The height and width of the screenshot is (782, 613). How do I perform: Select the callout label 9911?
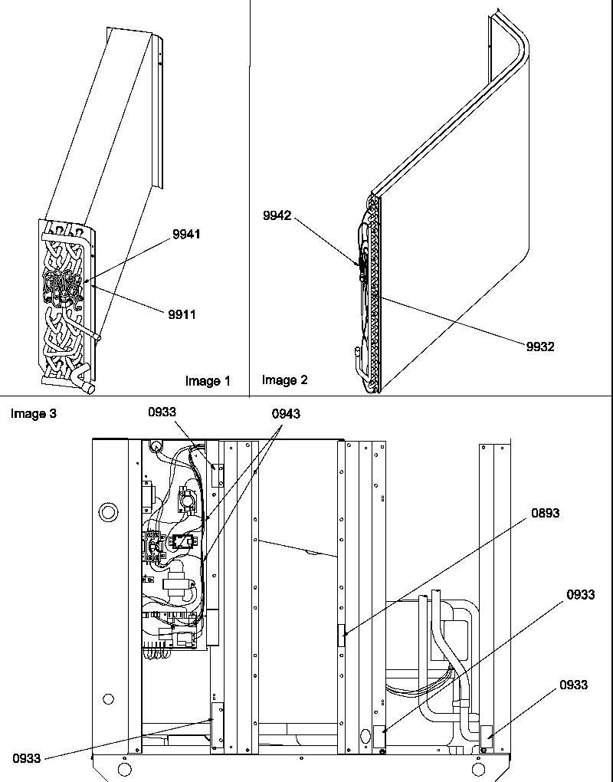[184, 314]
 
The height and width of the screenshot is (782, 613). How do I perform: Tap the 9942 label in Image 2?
[277, 216]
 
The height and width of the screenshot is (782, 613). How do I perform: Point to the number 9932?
[539, 347]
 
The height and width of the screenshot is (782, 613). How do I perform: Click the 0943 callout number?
[286, 413]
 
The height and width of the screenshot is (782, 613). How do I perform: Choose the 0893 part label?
[545, 513]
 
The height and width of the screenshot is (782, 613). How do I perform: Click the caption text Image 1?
[207, 381]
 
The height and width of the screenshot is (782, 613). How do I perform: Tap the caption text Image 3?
[34, 414]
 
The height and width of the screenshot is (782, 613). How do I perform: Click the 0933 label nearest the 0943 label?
[162, 412]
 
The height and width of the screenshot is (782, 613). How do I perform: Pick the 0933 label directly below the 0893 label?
[580, 594]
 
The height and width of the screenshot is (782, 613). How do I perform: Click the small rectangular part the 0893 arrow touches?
[341, 636]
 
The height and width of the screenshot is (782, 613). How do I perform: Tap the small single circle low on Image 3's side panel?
[108, 698]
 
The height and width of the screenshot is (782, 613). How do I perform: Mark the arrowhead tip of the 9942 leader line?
[359, 268]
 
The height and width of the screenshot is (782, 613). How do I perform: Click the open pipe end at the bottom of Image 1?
[87, 389]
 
